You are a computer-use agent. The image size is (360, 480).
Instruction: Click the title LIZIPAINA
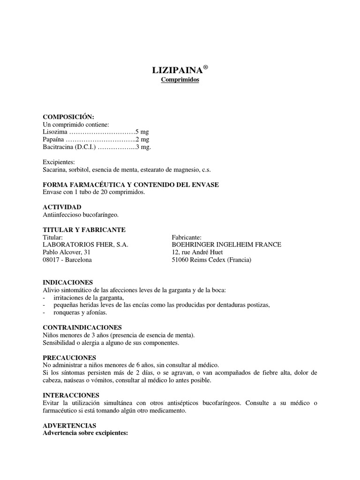pyautogui.click(x=177, y=71)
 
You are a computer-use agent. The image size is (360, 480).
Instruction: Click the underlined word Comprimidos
pyautogui.click(x=180, y=80)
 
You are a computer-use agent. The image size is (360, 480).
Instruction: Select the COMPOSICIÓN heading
pyautogui.click(x=68, y=117)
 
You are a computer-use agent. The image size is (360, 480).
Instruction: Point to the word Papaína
pyautogui.click(x=54, y=139)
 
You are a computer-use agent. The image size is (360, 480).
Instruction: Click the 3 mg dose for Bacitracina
pyautogui.click(x=143, y=147)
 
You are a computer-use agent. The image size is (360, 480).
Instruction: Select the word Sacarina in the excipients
pyautogui.click(x=54, y=170)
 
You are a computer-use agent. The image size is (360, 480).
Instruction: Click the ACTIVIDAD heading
pyautogui.click(x=62, y=207)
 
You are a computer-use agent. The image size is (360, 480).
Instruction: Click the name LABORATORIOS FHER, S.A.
pyautogui.click(x=85, y=245)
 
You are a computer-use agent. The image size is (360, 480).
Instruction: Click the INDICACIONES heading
pyautogui.click(x=68, y=282)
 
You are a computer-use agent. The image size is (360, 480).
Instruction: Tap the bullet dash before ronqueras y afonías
pyautogui.click(x=44, y=313)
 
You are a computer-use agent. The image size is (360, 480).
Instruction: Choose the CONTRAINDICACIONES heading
pyautogui.click(x=82, y=327)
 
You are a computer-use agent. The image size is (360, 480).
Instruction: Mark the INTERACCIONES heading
pyautogui.click(x=71, y=395)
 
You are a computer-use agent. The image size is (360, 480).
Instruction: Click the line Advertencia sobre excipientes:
pyautogui.click(x=85, y=433)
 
